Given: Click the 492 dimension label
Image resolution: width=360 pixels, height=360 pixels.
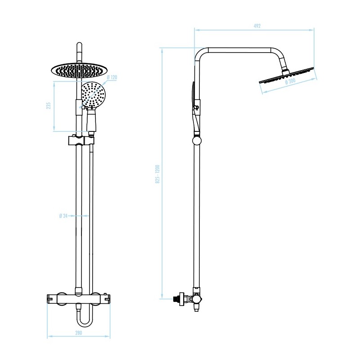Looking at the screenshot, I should (x=257, y=26).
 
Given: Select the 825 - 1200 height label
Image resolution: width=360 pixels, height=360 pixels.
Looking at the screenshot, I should (x=158, y=174).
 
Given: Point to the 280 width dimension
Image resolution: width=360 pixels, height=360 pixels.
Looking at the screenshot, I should (x=78, y=333).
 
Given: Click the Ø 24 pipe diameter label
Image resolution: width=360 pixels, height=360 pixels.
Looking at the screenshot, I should (x=63, y=216).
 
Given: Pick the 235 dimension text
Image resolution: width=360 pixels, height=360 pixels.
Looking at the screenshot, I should (x=49, y=106).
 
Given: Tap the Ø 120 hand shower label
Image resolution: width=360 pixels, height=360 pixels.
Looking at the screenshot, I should (x=112, y=78).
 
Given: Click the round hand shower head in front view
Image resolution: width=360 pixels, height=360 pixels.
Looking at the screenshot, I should (x=94, y=94).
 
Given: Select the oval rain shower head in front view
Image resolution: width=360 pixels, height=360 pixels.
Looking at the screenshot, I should (x=80, y=70).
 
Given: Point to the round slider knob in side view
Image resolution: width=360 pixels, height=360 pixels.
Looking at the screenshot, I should (x=197, y=140).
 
